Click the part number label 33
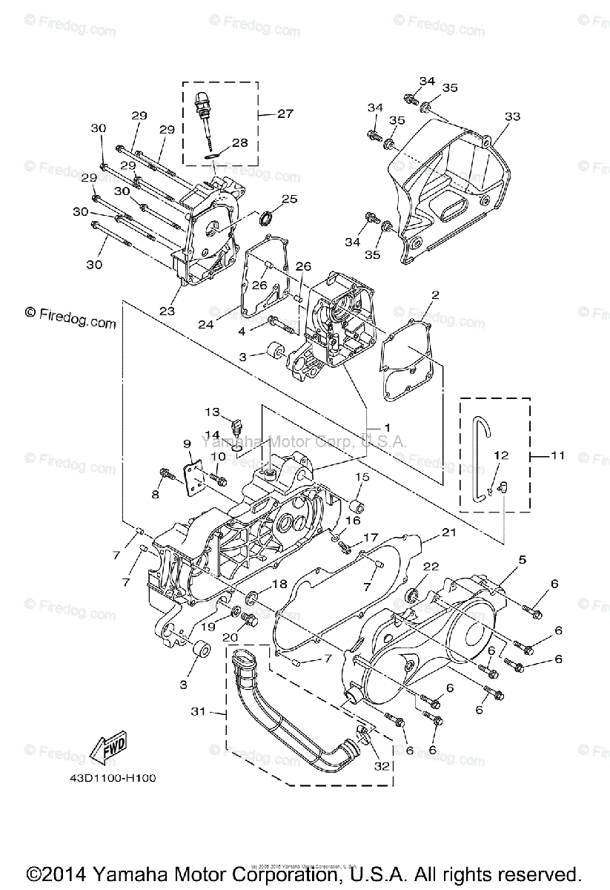512,116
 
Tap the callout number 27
285,113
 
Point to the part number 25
288,199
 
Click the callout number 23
168,311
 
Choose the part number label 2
435,295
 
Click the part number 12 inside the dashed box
501,455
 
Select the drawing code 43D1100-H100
108,779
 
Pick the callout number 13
213,412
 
